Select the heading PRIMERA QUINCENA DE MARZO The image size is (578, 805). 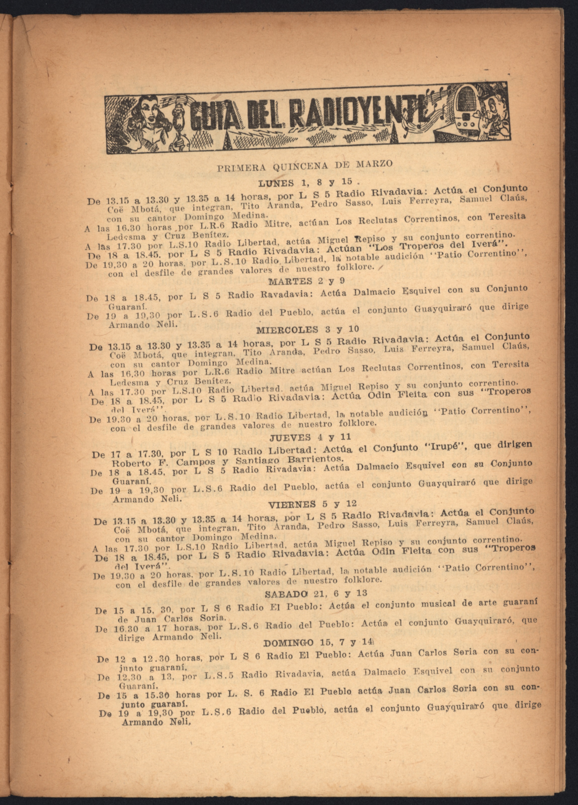[305, 165]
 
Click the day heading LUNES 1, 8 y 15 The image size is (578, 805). [305, 183]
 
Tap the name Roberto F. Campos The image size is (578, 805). [163, 462]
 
